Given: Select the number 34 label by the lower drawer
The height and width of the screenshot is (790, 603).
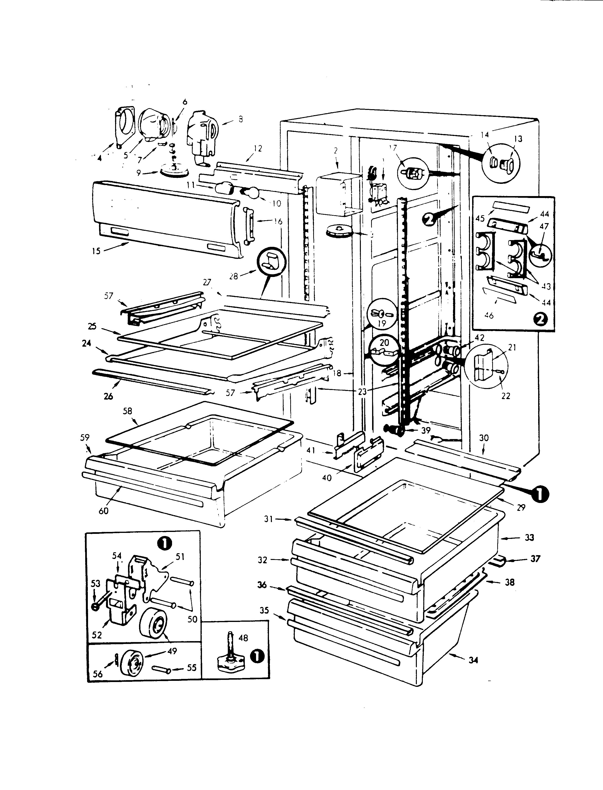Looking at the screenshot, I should coord(473,660).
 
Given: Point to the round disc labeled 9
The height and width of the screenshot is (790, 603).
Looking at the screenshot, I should coord(175,170).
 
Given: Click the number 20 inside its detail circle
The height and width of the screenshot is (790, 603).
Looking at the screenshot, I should coord(384,343).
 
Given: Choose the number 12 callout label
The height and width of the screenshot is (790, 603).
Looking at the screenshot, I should coord(258,148).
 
